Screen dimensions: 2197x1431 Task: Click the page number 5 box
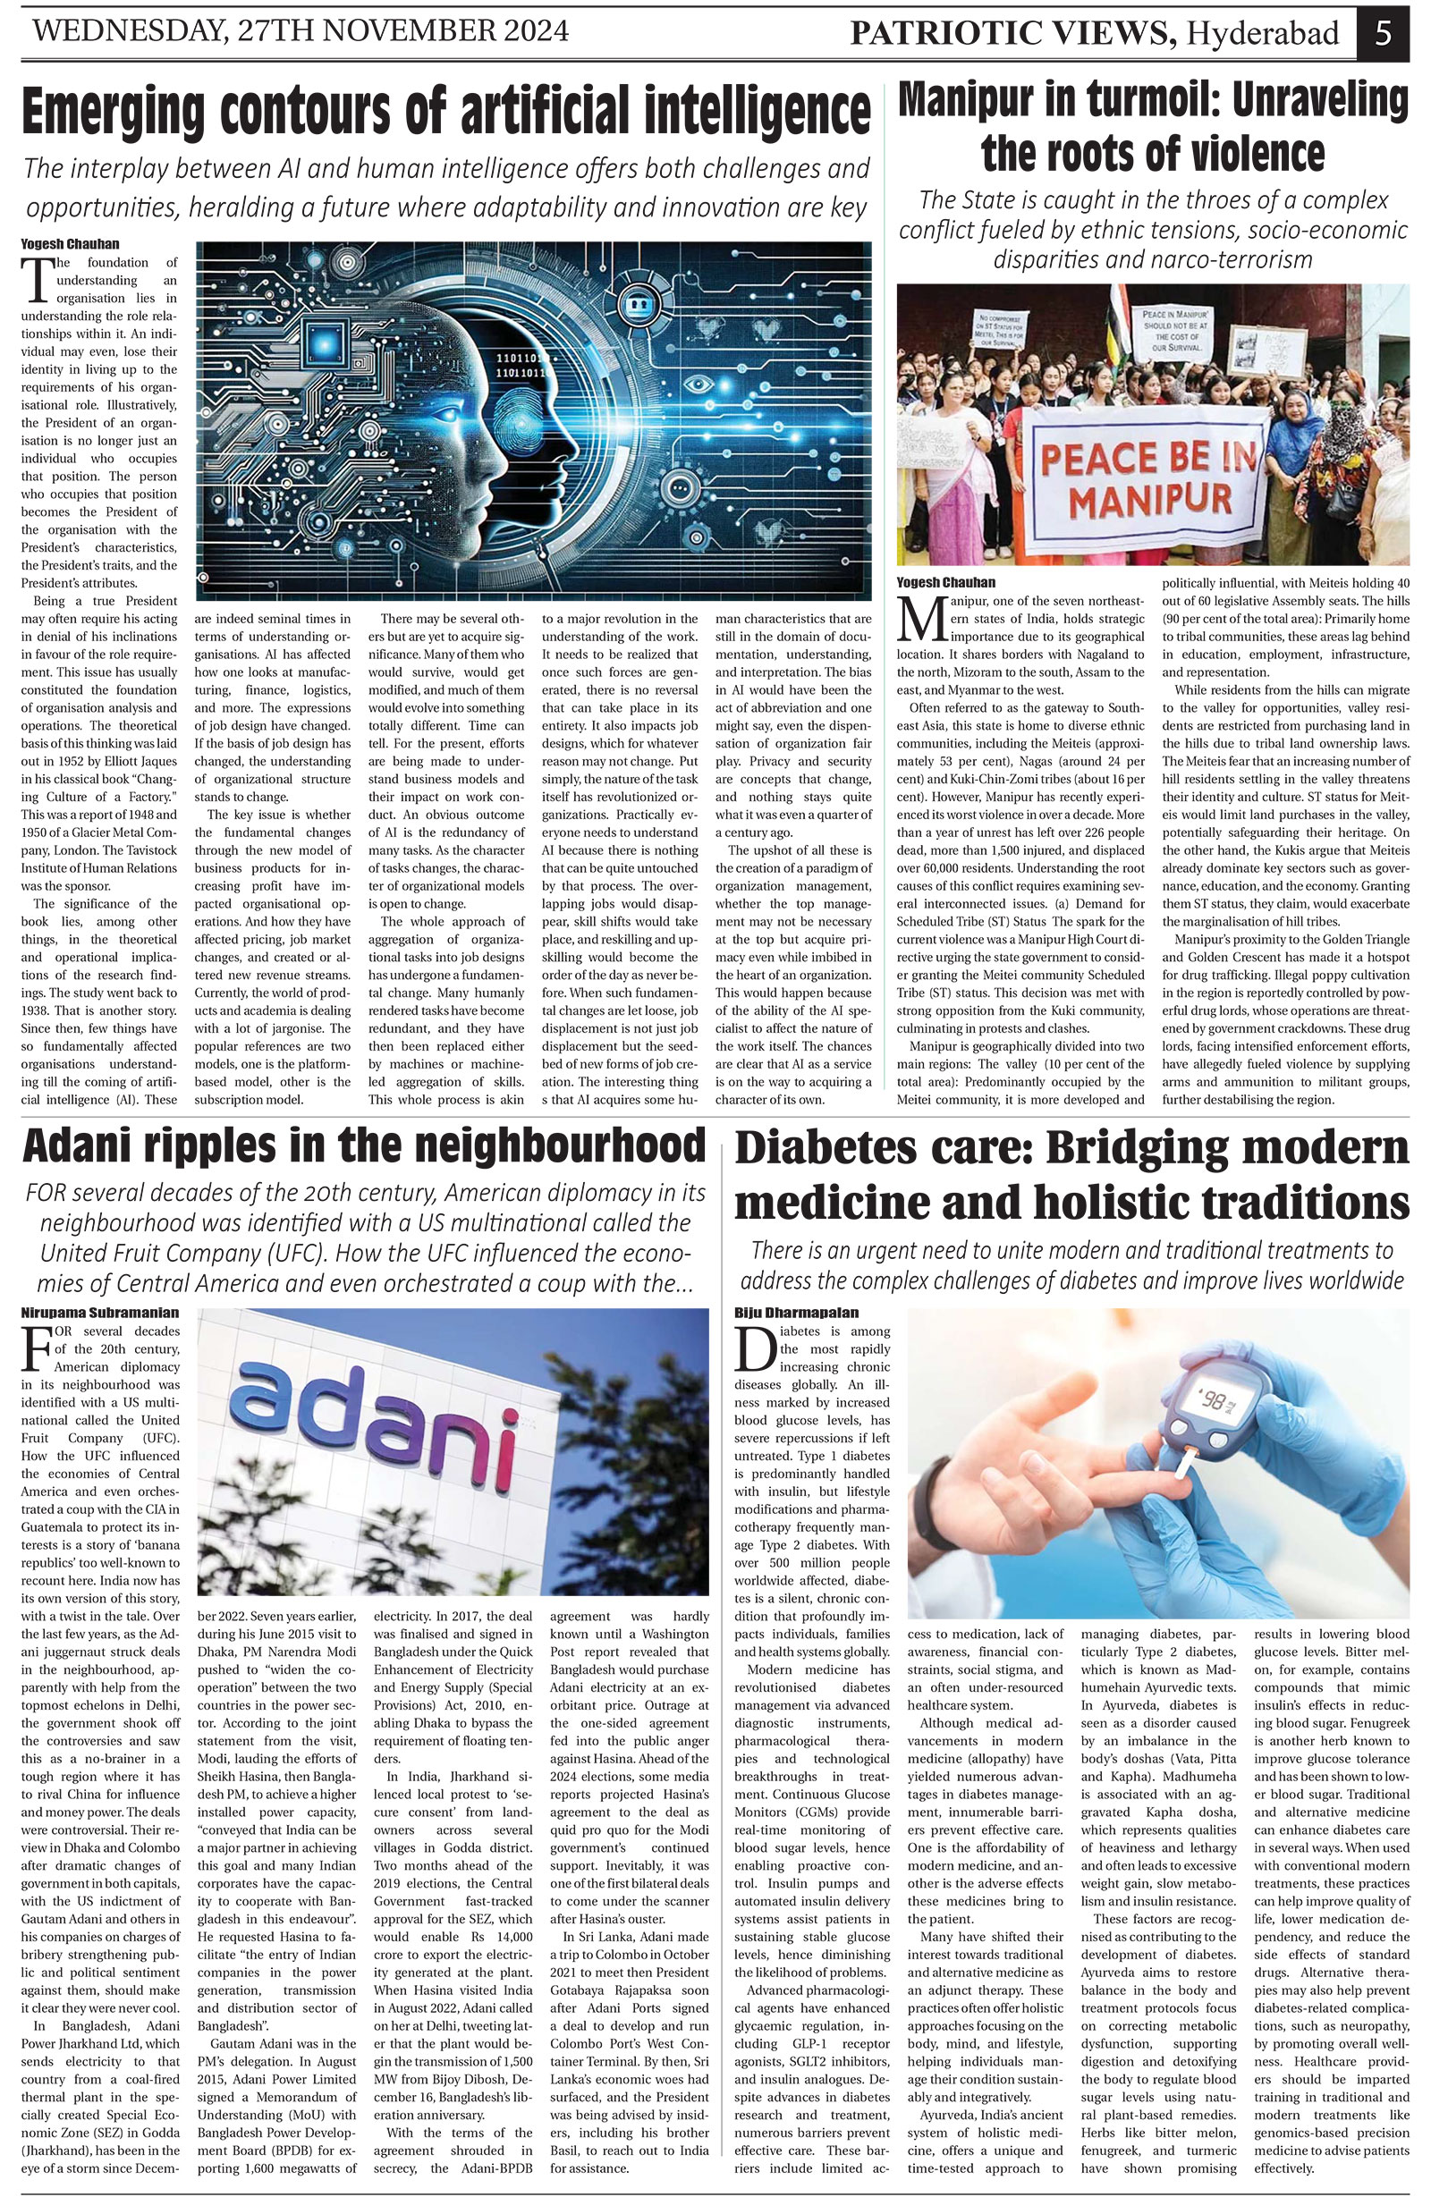click(1383, 33)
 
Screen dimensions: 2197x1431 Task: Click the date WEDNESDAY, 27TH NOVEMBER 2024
click(301, 32)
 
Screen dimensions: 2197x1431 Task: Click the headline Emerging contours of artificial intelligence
click(446, 112)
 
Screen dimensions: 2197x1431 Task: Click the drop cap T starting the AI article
click(36, 280)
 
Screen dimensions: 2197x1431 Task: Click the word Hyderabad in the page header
click(1263, 34)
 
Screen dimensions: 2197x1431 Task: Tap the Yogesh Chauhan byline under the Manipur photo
click(946, 582)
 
